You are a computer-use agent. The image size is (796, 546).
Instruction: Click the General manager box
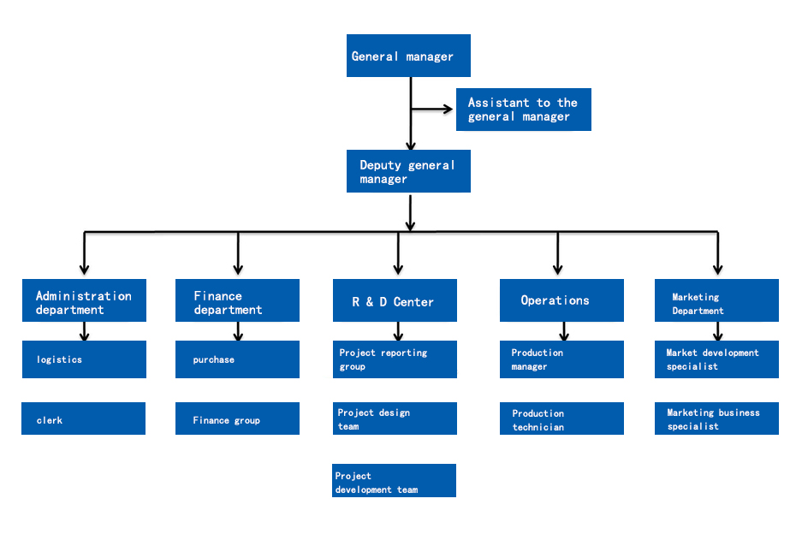pos(408,56)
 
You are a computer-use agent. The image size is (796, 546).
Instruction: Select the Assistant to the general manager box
pos(523,110)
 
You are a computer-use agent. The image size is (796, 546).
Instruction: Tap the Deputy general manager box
pos(408,171)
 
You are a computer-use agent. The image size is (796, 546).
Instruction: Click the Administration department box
pos(84,300)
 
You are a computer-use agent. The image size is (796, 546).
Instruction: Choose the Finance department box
pos(237,300)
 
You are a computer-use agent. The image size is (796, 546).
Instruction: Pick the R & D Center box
pos(395,300)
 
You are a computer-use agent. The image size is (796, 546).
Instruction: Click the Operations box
pos(561,300)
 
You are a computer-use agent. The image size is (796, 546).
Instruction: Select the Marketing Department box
pos(716,300)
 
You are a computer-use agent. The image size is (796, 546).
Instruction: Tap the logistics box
pos(84,359)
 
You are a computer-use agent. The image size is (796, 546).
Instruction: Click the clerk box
pos(83,418)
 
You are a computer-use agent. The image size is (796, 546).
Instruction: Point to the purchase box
pos(237,359)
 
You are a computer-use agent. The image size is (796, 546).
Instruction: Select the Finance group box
pos(237,418)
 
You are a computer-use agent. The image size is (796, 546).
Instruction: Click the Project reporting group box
pos(395,359)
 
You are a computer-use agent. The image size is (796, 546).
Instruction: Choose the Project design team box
pos(395,418)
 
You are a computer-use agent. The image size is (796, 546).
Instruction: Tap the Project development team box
pos(394,481)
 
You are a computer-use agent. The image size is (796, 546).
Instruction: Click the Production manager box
pos(561,359)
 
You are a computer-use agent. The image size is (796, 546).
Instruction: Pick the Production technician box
pos(561,418)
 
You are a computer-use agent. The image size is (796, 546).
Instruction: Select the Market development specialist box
pos(716,359)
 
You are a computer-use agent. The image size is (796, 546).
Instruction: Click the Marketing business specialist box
pos(716,418)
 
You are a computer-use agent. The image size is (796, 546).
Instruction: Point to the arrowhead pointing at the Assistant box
pos(448,109)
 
